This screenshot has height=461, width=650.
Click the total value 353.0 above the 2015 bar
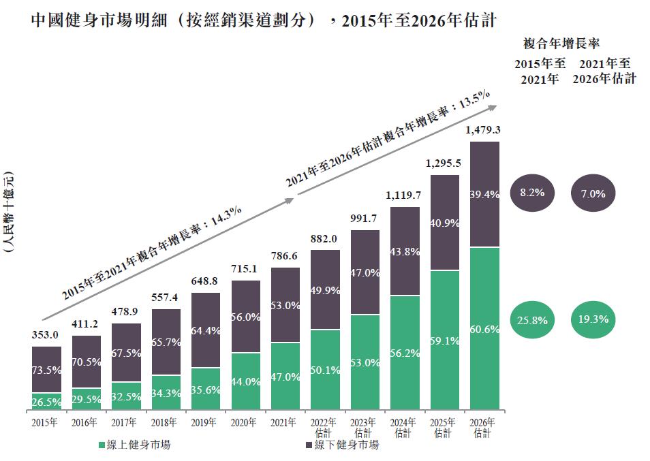(46, 334)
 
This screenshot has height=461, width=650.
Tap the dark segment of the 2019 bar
(206, 330)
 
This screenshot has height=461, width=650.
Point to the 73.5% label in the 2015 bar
(46, 370)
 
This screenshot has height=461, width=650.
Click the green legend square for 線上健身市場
(102, 445)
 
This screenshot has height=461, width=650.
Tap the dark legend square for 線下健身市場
(309, 445)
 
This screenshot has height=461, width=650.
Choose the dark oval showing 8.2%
(531, 193)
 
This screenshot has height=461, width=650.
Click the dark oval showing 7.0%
(593, 193)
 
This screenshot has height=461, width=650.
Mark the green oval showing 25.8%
(531, 319)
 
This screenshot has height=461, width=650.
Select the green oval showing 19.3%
(593, 319)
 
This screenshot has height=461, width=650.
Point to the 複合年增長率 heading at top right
(561, 44)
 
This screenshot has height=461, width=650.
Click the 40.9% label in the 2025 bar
(444, 223)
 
